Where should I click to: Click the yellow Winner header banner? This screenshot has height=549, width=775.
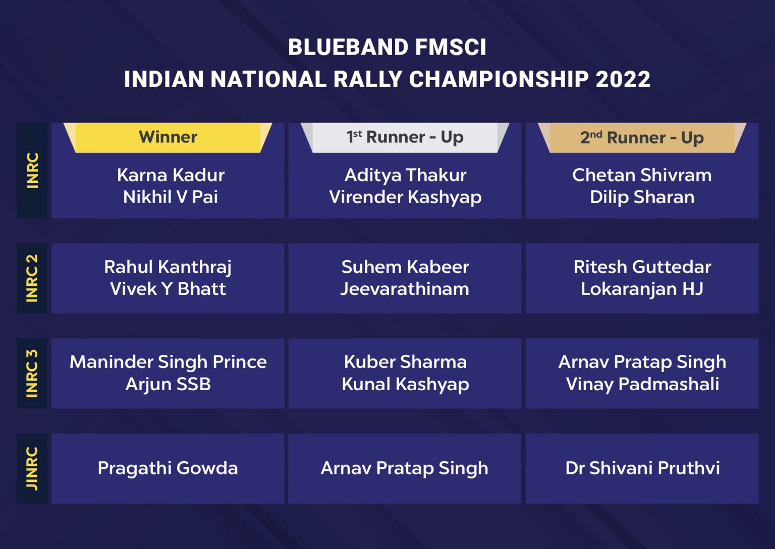(x=168, y=137)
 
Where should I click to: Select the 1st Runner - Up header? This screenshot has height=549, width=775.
(x=405, y=137)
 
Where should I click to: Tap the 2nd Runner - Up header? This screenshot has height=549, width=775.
(x=642, y=138)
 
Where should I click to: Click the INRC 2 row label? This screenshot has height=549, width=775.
(x=32, y=278)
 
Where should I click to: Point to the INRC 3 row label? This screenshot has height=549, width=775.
(x=32, y=374)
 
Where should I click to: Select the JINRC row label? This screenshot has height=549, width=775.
(x=32, y=468)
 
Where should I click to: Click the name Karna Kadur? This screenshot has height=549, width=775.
(x=171, y=175)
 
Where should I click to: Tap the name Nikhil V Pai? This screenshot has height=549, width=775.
(x=171, y=197)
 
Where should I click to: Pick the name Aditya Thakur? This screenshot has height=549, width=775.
(x=405, y=175)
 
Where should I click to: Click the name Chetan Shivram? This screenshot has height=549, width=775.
(x=642, y=175)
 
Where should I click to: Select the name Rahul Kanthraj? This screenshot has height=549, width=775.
(x=168, y=267)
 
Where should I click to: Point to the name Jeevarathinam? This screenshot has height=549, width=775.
(x=405, y=289)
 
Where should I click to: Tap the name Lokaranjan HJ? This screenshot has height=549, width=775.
(x=642, y=289)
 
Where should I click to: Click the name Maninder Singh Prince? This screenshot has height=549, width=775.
(x=168, y=362)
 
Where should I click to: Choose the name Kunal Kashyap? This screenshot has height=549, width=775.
(x=405, y=384)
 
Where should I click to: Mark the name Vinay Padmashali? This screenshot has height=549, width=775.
(x=642, y=384)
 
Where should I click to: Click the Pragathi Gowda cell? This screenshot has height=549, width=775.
(x=168, y=468)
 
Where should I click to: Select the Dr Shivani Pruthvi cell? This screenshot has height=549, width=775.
(x=642, y=468)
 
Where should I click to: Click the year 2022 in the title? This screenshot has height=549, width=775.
(x=623, y=79)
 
